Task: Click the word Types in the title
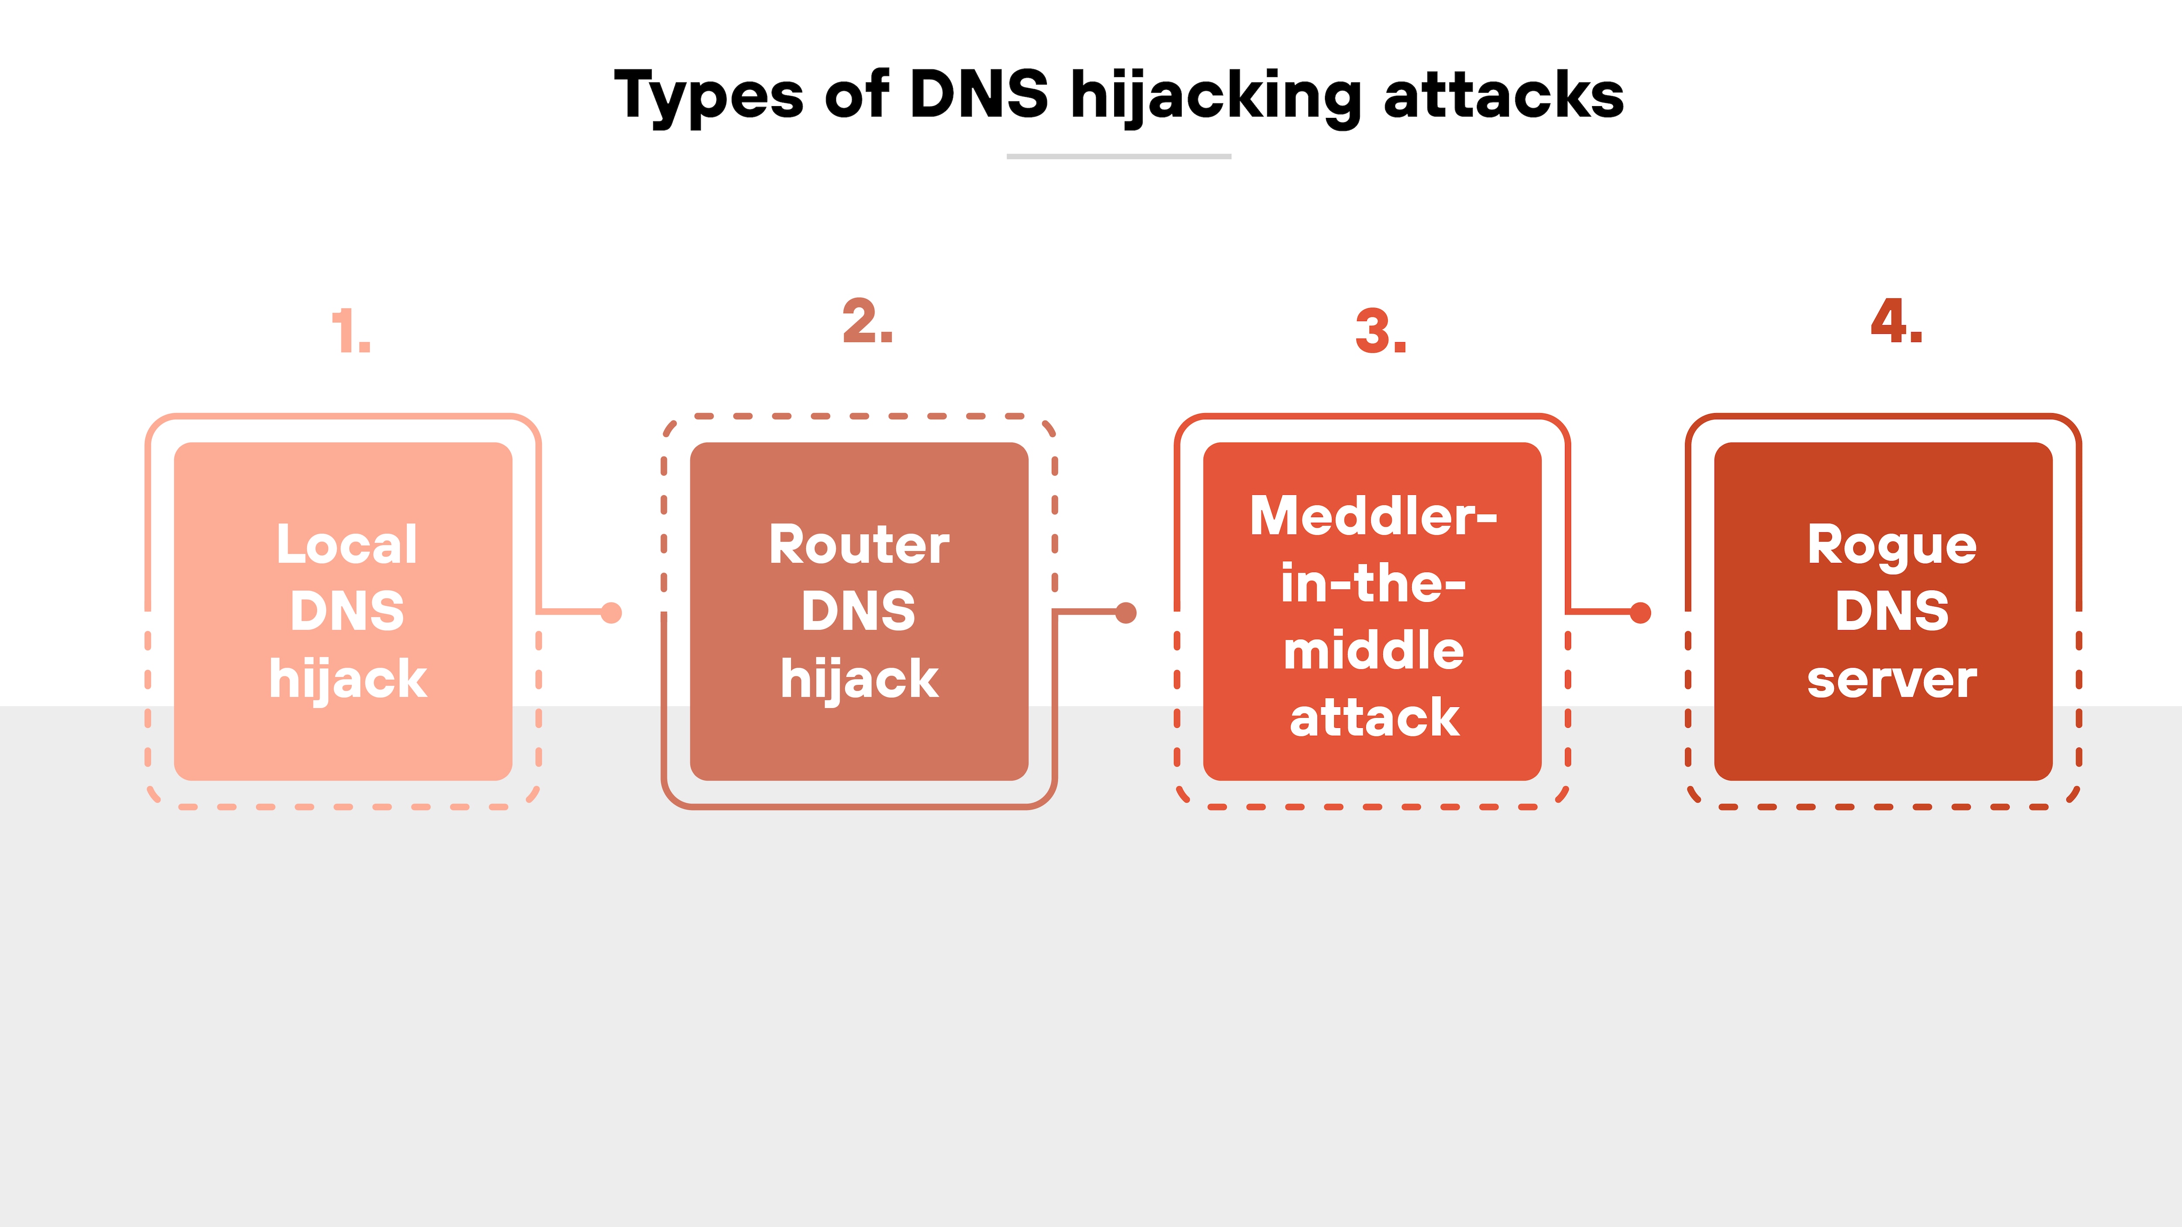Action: (708, 95)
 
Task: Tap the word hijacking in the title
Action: (1215, 95)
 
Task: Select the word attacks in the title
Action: (1503, 95)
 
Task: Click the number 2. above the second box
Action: (868, 322)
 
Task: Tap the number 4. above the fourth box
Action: (1897, 322)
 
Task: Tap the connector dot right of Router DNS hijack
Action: (1126, 612)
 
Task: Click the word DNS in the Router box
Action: (859, 611)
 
